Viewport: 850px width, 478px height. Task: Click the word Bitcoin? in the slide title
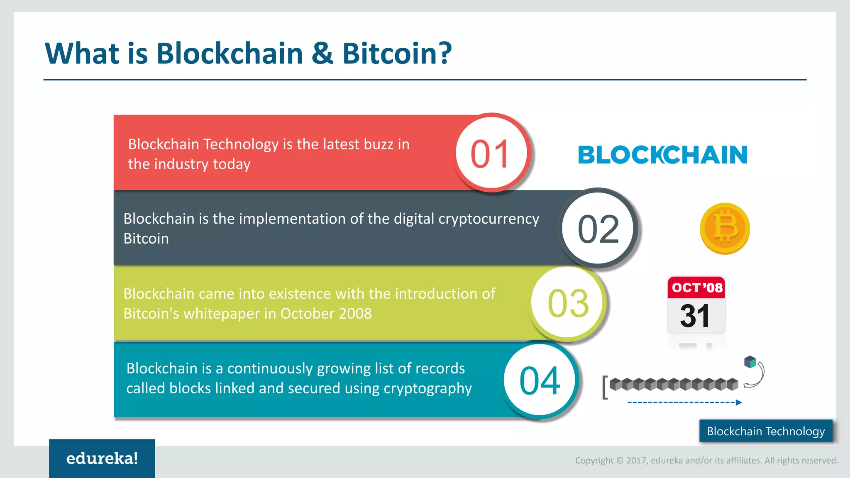pos(396,54)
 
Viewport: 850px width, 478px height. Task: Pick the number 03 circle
pos(568,303)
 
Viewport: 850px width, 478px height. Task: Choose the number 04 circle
pos(540,380)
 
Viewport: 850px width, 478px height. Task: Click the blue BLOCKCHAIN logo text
pos(662,155)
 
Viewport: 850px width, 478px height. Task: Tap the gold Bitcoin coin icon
pos(725,229)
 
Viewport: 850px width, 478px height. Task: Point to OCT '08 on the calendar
pos(697,288)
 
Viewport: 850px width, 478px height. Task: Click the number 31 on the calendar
pos(695,316)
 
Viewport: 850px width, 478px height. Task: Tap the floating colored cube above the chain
pos(750,362)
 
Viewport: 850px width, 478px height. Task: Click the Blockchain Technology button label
pos(766,431)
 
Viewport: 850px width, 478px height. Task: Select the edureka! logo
pos(102,458)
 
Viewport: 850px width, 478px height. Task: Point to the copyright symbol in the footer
pos(620,461)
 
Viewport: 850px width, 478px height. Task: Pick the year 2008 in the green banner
pos(355,314)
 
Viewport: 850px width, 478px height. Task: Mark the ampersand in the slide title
pos(322,54)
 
